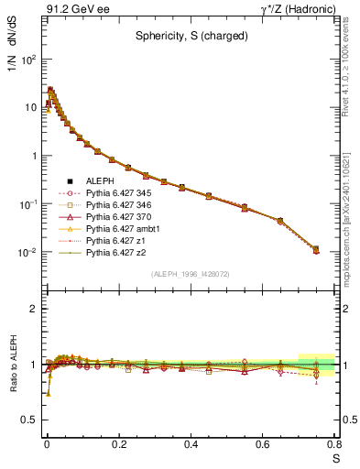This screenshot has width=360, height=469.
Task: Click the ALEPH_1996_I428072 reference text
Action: click(191, 274)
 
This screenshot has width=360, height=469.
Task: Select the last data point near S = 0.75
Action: click(316, 248)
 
